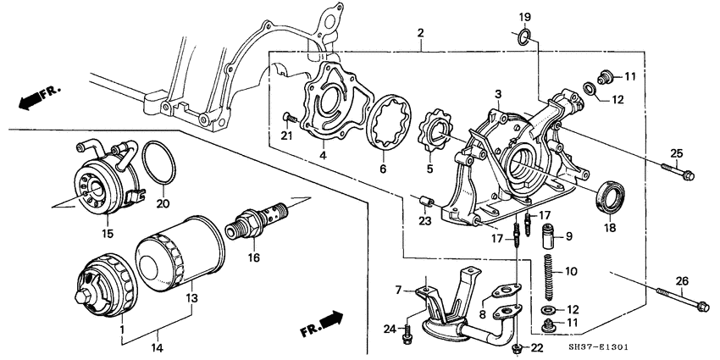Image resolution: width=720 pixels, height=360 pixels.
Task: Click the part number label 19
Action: [x=524, y=16]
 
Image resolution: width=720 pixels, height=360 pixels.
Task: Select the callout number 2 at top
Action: [x=421, y=33]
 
